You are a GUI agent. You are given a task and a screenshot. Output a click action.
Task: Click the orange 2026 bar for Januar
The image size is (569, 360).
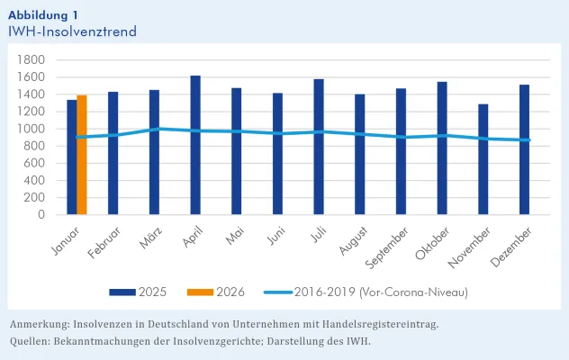click(x=82, y=155)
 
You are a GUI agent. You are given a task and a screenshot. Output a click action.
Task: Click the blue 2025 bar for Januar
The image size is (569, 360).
click(x=72, y=157)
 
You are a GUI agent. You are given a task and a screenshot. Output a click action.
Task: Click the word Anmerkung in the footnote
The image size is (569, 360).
click(x=41, y=323)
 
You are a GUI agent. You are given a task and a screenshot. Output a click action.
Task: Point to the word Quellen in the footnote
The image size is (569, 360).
click(x=31, y=341)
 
